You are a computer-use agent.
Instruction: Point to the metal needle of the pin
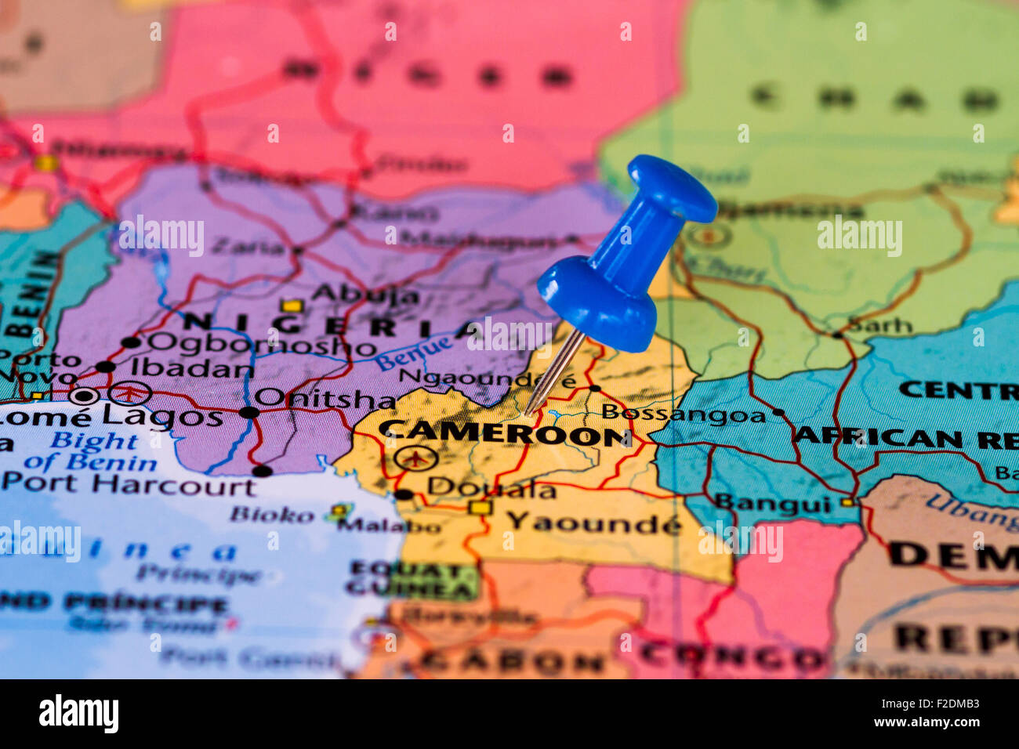tap(553, 372)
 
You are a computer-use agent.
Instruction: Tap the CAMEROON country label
tap(505, 432)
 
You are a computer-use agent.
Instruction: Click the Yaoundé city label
tap(593, 522)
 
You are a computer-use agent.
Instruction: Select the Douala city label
tap(491, 489)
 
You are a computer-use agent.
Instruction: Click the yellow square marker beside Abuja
tap(292, 305)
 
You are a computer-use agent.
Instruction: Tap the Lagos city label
tap(162, 416)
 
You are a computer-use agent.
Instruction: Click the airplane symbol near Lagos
tap(130, 392)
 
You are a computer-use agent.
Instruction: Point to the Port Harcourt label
tap(129, 484)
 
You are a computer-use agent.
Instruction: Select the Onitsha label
tap(325, 398)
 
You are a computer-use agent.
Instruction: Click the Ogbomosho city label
tap(262, 344)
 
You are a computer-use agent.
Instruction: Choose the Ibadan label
tap(191, 367)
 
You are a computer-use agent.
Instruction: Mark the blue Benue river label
tap(413, 353)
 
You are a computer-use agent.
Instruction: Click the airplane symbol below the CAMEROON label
tap(415, 457)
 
